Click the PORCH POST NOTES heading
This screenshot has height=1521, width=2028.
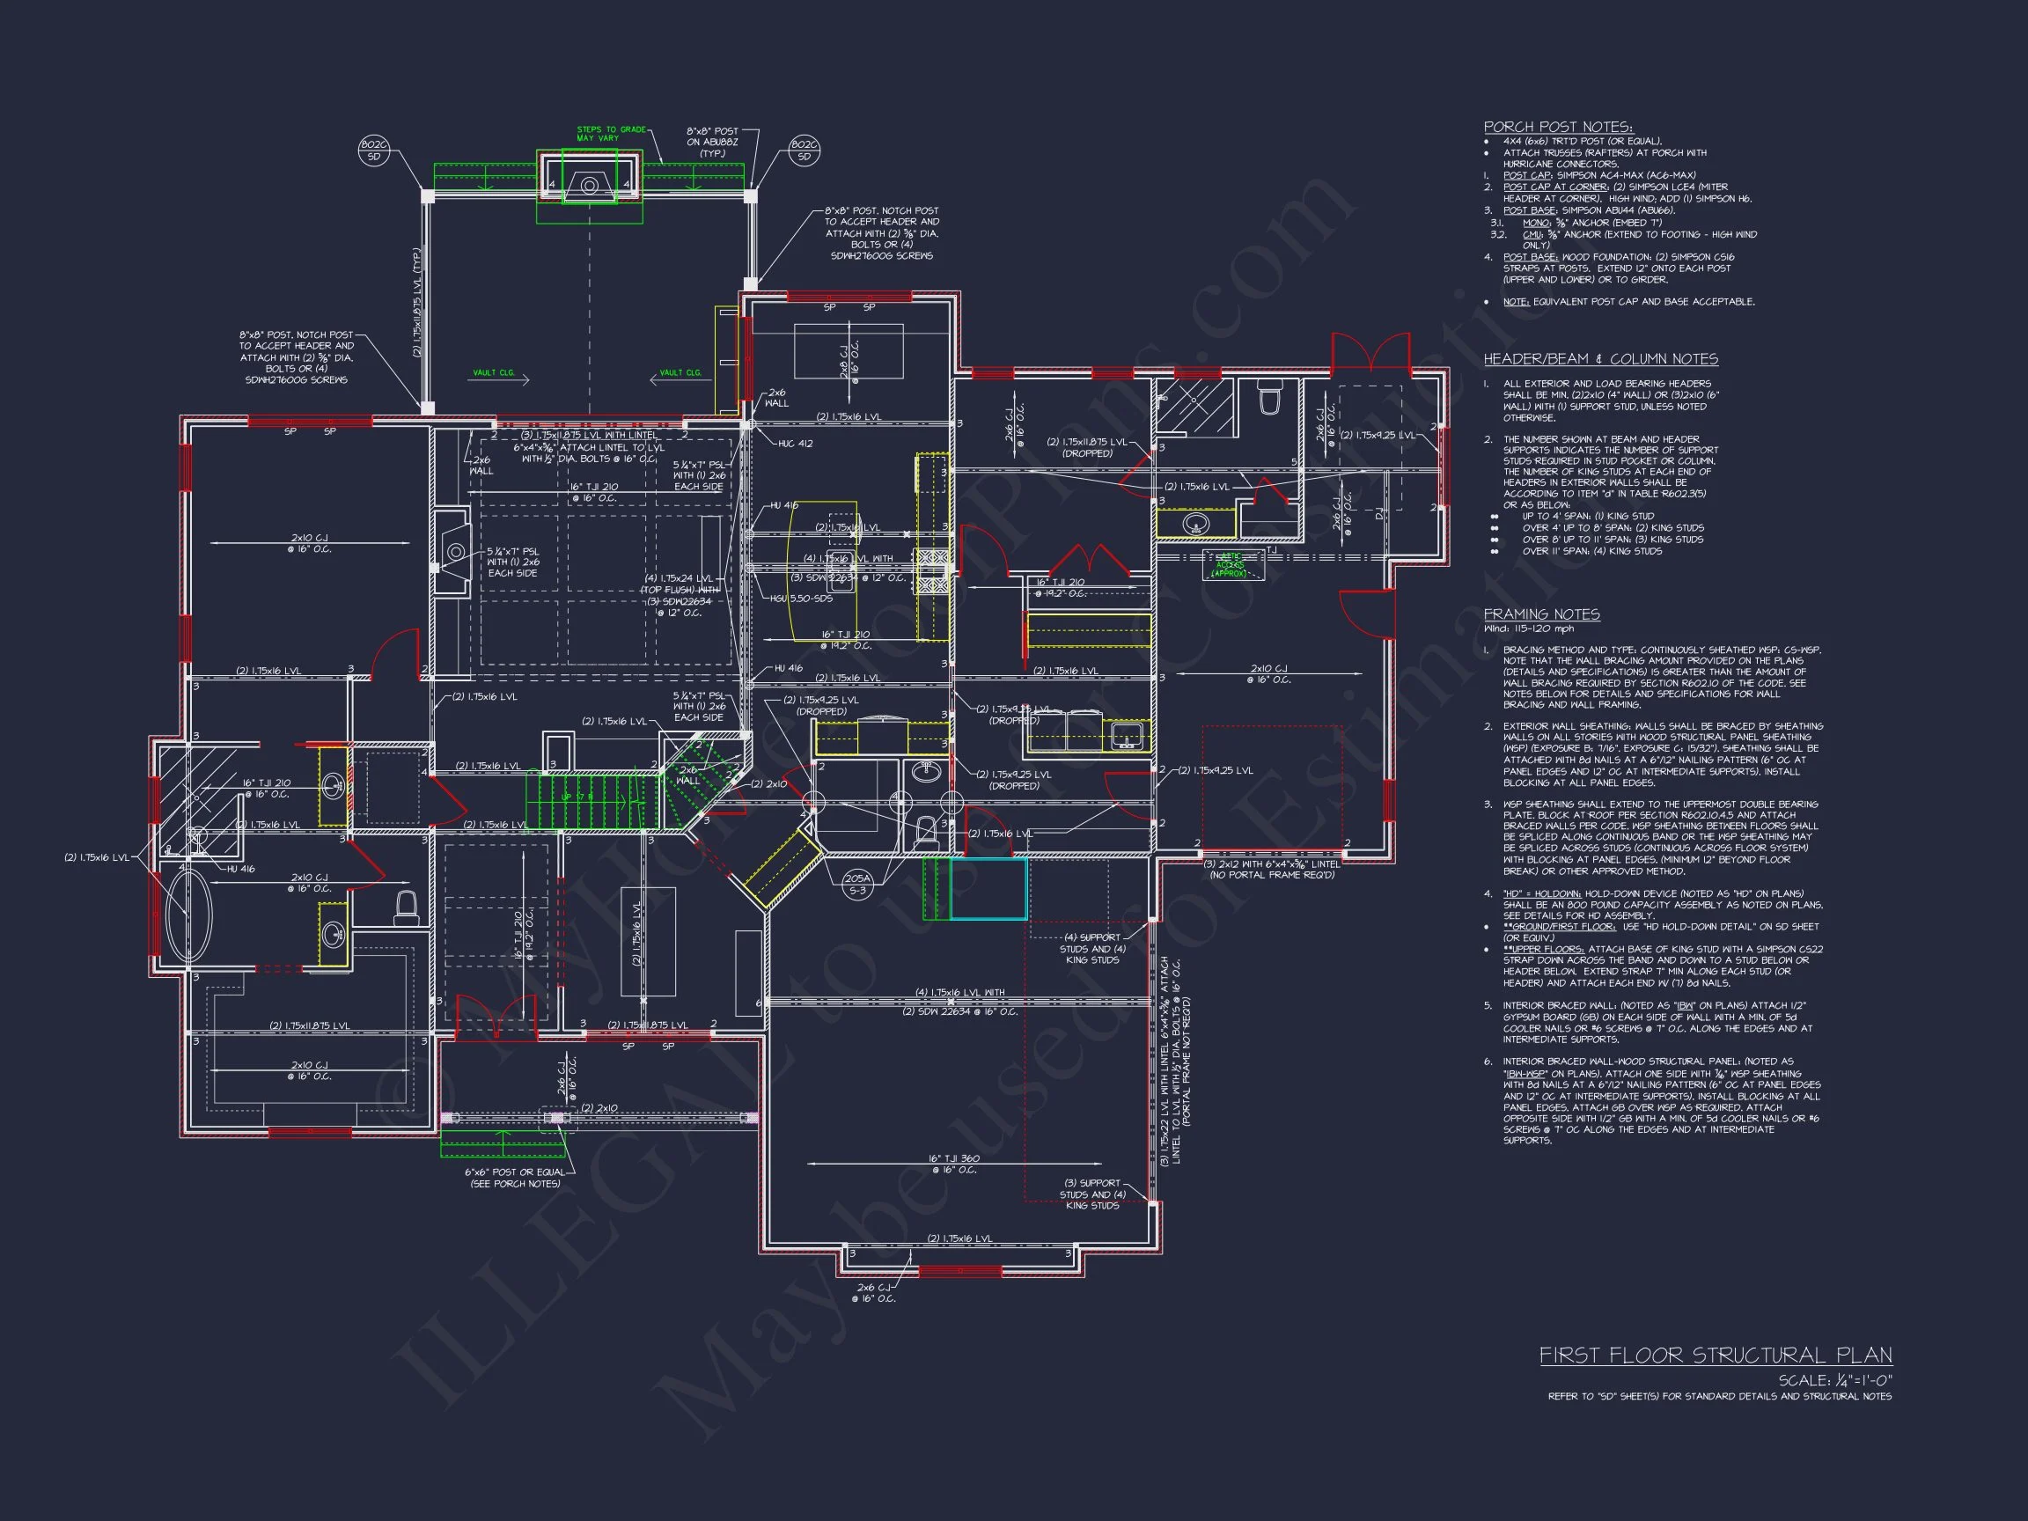1558,128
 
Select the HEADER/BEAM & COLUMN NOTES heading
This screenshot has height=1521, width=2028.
1601,359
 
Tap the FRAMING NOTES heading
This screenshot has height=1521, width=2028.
1541,614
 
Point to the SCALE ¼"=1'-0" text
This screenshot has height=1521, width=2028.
1834,1381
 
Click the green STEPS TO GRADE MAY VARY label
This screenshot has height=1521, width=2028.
611,134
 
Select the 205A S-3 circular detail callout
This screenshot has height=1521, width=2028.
856,884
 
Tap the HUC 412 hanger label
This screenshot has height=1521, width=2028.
795,444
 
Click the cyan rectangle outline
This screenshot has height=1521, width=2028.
988,888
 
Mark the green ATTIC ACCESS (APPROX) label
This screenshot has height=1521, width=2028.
1230,565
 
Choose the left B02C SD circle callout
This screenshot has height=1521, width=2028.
374,151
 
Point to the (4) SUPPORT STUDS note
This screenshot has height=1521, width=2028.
1092,948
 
